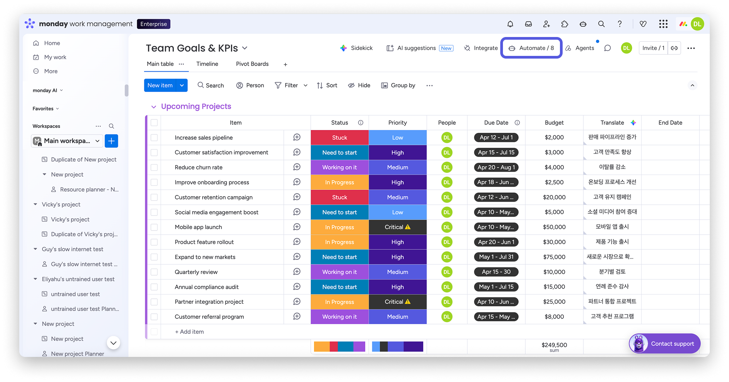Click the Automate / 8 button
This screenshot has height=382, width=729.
click(x=531, y=48)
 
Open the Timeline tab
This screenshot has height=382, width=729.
click(x=207, y=64)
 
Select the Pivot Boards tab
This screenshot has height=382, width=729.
click(x=252, y=64)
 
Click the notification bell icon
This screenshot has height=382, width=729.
click(x=510, y=24)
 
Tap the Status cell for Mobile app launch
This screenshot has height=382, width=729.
click(x=339, y=227)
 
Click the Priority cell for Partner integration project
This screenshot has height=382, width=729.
click(x=397, y=302)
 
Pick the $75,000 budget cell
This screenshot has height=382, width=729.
click(x=554, y=257)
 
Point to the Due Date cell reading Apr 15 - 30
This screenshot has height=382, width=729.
click(x=496, y=272)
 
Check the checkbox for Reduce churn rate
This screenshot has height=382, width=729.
click(x=154, y=167)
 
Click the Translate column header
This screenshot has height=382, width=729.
click(x=612, y=123)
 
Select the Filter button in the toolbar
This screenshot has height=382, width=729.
click(x=287, y=85)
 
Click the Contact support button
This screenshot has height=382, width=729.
click(x=665, y=343)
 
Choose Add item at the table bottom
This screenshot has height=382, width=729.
click(x=189, y=332)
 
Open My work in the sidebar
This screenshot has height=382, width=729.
click(x=55, y=57)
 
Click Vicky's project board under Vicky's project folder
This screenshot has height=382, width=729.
click(x=70, y=219)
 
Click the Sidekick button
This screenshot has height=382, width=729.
click(x=356, y=48)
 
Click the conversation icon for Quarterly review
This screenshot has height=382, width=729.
click(x=297, y=272)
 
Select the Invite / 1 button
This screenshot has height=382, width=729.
click(x=653, y=48)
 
